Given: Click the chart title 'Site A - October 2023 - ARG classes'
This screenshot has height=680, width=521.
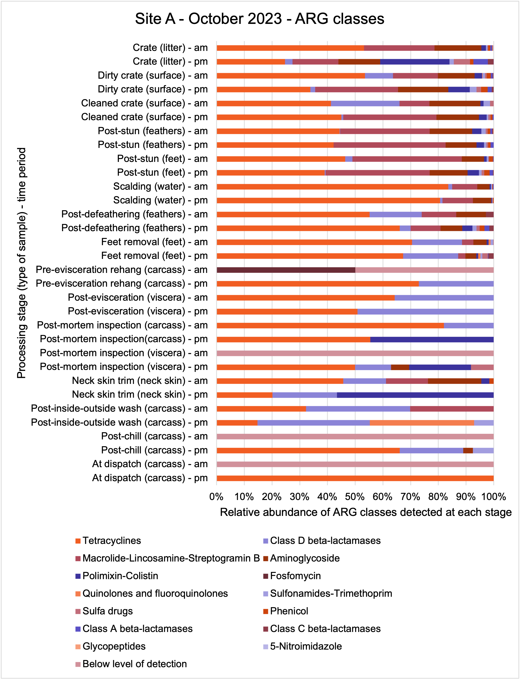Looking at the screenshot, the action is click(260, 19).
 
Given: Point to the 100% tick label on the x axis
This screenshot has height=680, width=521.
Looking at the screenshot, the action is click(494, 497).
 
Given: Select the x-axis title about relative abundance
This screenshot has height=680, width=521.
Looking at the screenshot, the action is click(366, 512).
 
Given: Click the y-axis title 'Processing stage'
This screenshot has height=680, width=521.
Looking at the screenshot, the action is click(22, 263).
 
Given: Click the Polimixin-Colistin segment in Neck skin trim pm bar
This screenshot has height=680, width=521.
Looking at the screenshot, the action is click(415, 395).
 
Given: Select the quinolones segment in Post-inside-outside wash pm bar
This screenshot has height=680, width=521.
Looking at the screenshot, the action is click(422, 423).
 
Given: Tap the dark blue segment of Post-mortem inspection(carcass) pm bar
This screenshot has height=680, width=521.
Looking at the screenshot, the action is click(432, 339).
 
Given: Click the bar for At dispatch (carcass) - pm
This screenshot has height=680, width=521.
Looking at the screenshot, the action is click(355, 478).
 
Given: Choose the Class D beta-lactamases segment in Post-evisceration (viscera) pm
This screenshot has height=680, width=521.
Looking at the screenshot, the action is click(425, 312).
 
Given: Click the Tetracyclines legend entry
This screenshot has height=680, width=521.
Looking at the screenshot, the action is click(108, 541).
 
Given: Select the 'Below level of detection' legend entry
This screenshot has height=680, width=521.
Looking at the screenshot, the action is click(131, 664).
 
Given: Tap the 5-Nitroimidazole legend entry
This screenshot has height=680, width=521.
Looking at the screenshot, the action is click(302, 646).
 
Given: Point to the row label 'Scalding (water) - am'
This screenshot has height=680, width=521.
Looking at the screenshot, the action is click(160, 187).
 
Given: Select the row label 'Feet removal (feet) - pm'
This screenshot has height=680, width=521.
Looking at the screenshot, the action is click(155, 256).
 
